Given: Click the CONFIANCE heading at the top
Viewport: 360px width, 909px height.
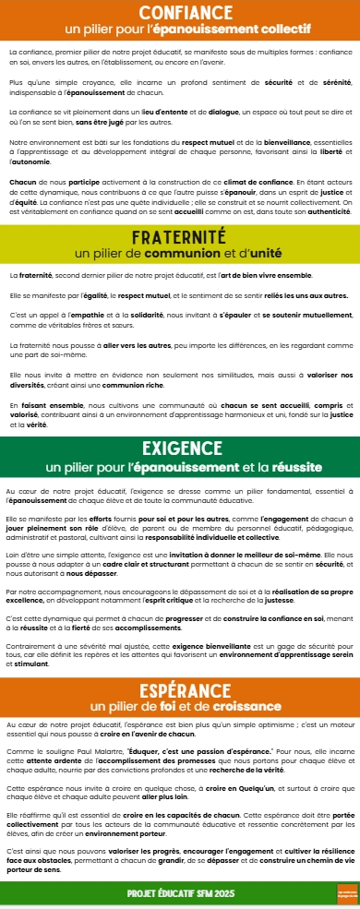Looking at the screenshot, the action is tap(180, 12).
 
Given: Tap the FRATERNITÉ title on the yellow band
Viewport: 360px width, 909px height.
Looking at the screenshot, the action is tap(180, 237).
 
